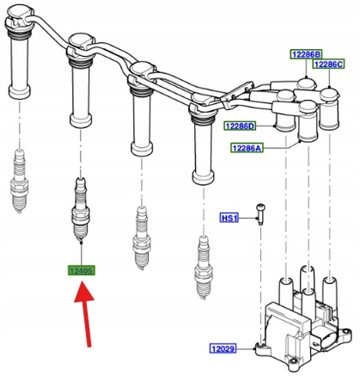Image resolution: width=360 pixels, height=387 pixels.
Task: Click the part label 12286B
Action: [x=306, y=54]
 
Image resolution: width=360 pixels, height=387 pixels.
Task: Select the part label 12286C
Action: [x=328, y=64]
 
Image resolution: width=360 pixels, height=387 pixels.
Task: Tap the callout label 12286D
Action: [x=240, y=126]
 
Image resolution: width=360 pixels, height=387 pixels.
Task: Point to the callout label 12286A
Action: [x=247, y=148]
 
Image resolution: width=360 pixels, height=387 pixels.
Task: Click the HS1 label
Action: [x=229, y=218]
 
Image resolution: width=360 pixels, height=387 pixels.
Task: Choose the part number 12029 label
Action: [x=223, y=348]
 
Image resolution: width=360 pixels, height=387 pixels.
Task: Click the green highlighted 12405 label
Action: [x=82, y=270]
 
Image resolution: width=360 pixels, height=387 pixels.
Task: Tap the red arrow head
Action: [x=84, y=292]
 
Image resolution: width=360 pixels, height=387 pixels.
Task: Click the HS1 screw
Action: [x=260, y=214]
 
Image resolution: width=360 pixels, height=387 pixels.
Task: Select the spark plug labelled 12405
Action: [x=81, y=209]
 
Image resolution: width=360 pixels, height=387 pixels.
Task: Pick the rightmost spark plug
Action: [x=204, y=267]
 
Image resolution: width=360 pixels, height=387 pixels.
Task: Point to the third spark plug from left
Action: [x=142, y=238]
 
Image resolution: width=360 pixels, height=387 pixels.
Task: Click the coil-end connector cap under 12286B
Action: [x=306, y=83]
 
